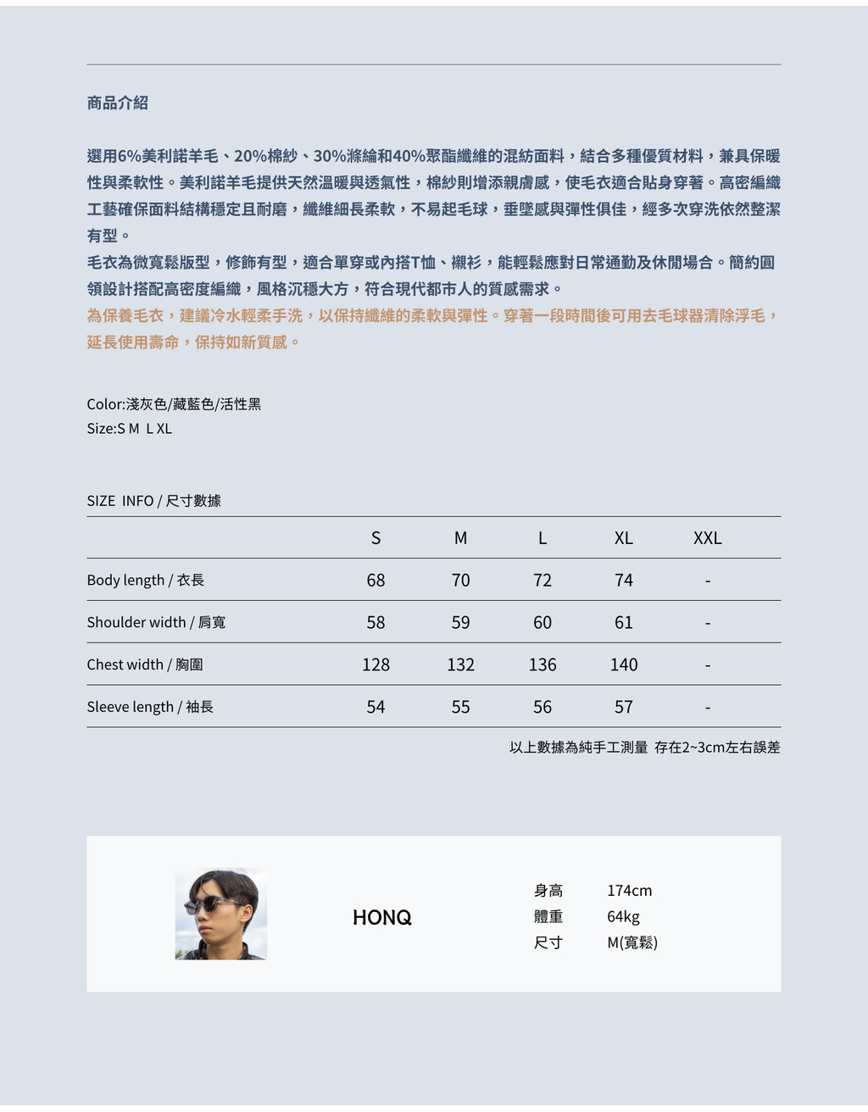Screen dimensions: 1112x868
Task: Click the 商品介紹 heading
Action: (118, 103)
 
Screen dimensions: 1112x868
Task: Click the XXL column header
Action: (707, 538)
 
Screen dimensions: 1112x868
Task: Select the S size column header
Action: (376, 538)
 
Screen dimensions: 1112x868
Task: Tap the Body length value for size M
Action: (460, 581)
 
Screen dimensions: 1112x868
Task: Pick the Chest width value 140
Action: (624, 665)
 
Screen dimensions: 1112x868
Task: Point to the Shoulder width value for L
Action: (542, 623)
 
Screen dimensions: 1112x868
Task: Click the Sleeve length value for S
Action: (376, 707)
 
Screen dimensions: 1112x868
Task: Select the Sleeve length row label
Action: (150, 707)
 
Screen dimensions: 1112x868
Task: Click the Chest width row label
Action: (145, 664)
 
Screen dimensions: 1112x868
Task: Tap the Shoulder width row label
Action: (156, 622)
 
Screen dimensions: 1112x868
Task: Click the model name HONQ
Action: (382, 917)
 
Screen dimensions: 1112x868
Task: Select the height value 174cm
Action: (629, 891)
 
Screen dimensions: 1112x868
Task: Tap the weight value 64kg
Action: (623, 917)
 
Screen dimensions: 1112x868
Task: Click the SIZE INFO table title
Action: (153, 501)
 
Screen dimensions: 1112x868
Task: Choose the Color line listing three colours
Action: (174, 404)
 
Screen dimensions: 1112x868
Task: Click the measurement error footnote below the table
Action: (644, 748)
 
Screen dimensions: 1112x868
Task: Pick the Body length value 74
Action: (624, 581)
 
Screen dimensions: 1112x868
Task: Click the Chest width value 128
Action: (376, 665)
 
